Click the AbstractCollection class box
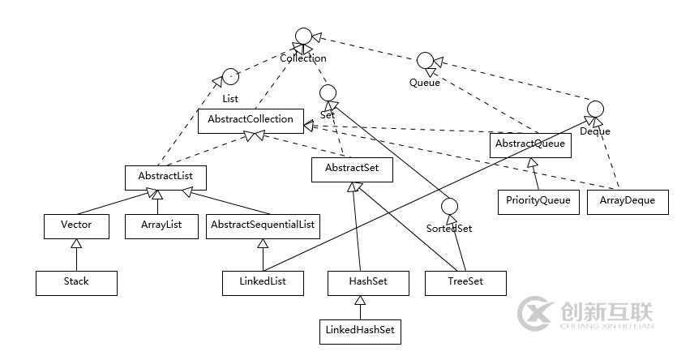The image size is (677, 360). (x=251, y=120)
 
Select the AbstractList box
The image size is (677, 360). (x=165, y=176)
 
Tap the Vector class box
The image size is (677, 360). (x=76, y=226)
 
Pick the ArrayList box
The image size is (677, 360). (x=161, y=226)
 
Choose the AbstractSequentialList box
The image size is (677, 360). (x=263, y=226)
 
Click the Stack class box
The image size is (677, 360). (x=76, y=282)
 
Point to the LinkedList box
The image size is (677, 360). (x=263, y=282)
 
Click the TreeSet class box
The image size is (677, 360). (x=465, y=282)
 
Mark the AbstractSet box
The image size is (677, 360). (x=352, y=169)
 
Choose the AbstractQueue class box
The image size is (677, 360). (x=530, y=145)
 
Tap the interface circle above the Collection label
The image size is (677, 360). (x=303, y=36)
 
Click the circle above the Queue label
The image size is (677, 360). (x=425, y=61)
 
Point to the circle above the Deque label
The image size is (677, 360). (x=595, y=109)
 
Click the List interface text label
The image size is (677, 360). (x=229, y=99)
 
